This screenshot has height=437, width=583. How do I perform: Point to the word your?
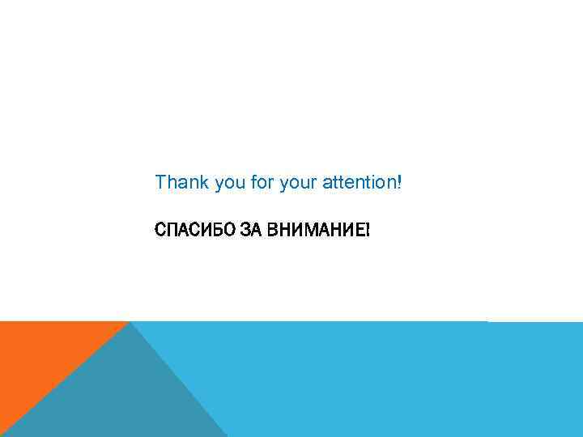[x=297, y=184]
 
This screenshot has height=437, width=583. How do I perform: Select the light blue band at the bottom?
[x=389, y=380]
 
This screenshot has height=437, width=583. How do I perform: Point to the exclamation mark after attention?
[x=399, y=182]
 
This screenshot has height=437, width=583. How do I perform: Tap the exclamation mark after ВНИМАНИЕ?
[x=368, y=230]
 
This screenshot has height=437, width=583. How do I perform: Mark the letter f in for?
[x=253, y=182]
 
